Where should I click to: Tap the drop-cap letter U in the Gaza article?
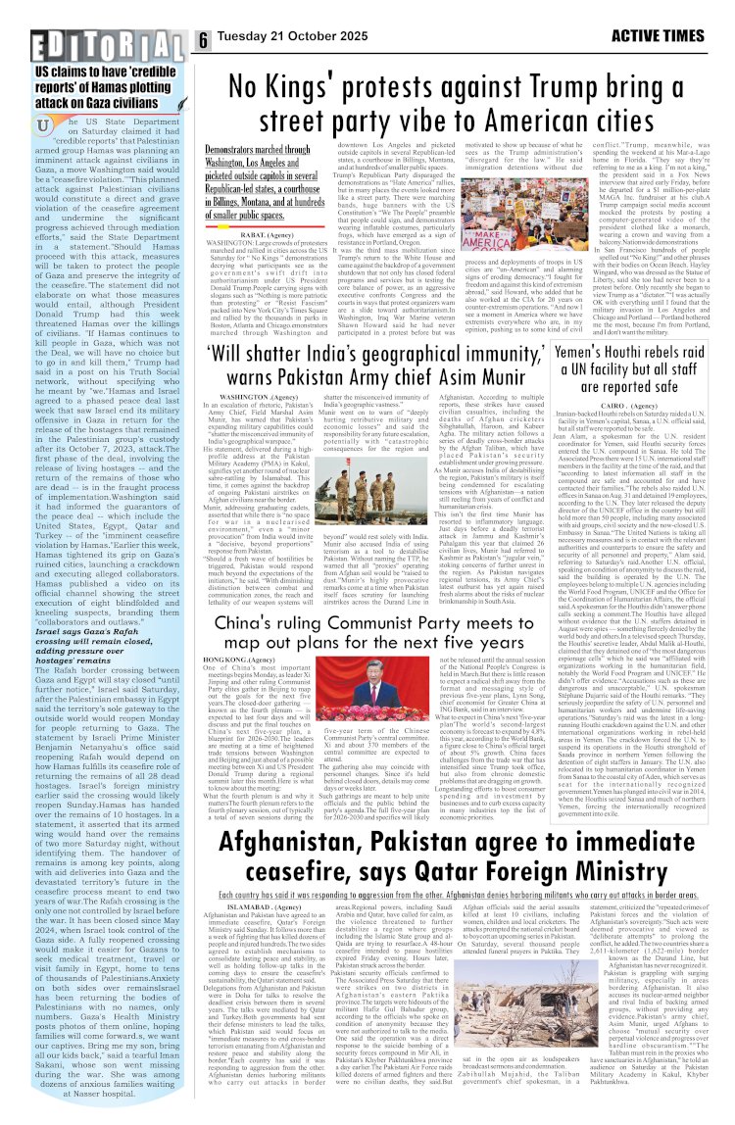coord(43,126)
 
